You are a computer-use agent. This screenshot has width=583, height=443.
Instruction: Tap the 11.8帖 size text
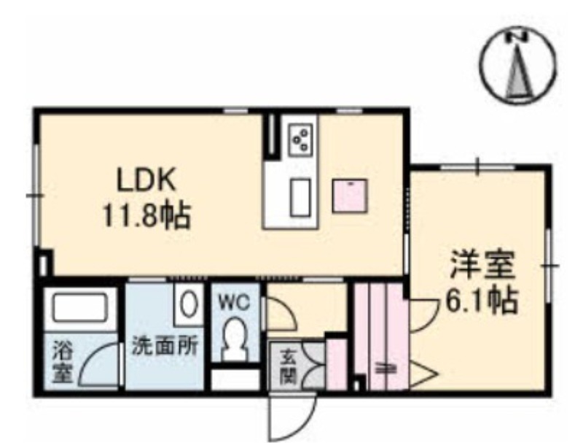point(146,215)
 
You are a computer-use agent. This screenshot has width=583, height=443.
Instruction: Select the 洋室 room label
point(482,265)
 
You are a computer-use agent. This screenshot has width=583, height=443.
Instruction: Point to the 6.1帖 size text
point(481,300)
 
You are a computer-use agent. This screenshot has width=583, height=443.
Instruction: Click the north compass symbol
point(520,66)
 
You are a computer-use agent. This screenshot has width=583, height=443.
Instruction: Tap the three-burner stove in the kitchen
point(300,139)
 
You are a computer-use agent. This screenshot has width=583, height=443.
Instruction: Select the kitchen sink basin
point(300,197)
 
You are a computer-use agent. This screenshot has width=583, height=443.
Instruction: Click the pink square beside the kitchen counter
point(350,196)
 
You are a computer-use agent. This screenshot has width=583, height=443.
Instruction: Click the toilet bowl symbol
point(234,338)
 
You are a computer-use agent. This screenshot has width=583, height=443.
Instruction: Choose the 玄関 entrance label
point(288,366)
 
